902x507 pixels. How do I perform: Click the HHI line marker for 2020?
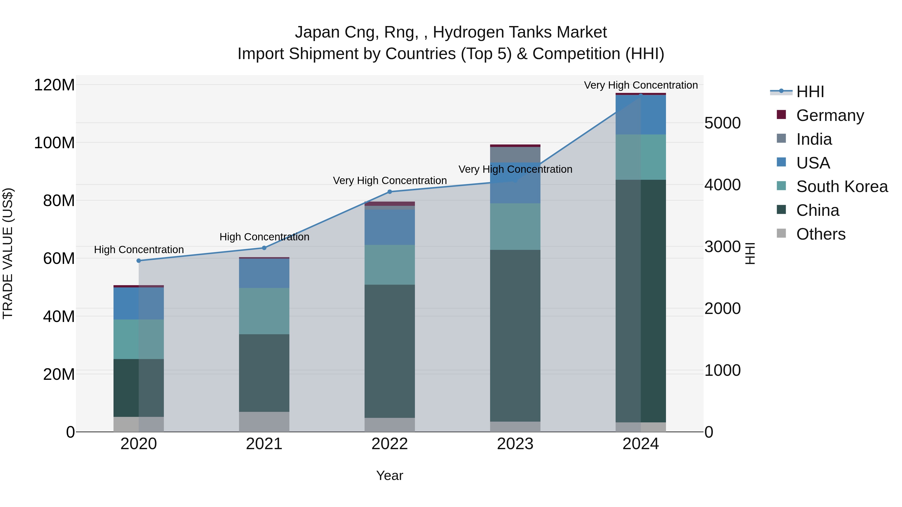click(139, 261)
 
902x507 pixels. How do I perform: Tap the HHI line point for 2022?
click(390, 192)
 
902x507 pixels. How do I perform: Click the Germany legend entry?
click(830, 115)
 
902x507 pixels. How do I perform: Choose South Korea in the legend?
click(842, 187)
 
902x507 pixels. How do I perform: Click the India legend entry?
click(814, 139)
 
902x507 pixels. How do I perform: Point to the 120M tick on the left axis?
click(54, 85)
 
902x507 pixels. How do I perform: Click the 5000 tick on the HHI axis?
click(722, 123)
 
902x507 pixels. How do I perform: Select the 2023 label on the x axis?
click(515, 444)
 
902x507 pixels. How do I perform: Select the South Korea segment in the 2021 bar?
click(264, 311)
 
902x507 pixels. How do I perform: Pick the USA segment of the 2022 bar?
click(390, 227)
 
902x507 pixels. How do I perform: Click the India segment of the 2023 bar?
click(515, 155)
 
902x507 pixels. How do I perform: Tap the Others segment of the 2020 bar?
click(139, 424)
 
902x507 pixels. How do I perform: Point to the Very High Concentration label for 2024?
click(641, 85)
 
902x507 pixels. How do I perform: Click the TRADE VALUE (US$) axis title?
click(8, 253)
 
